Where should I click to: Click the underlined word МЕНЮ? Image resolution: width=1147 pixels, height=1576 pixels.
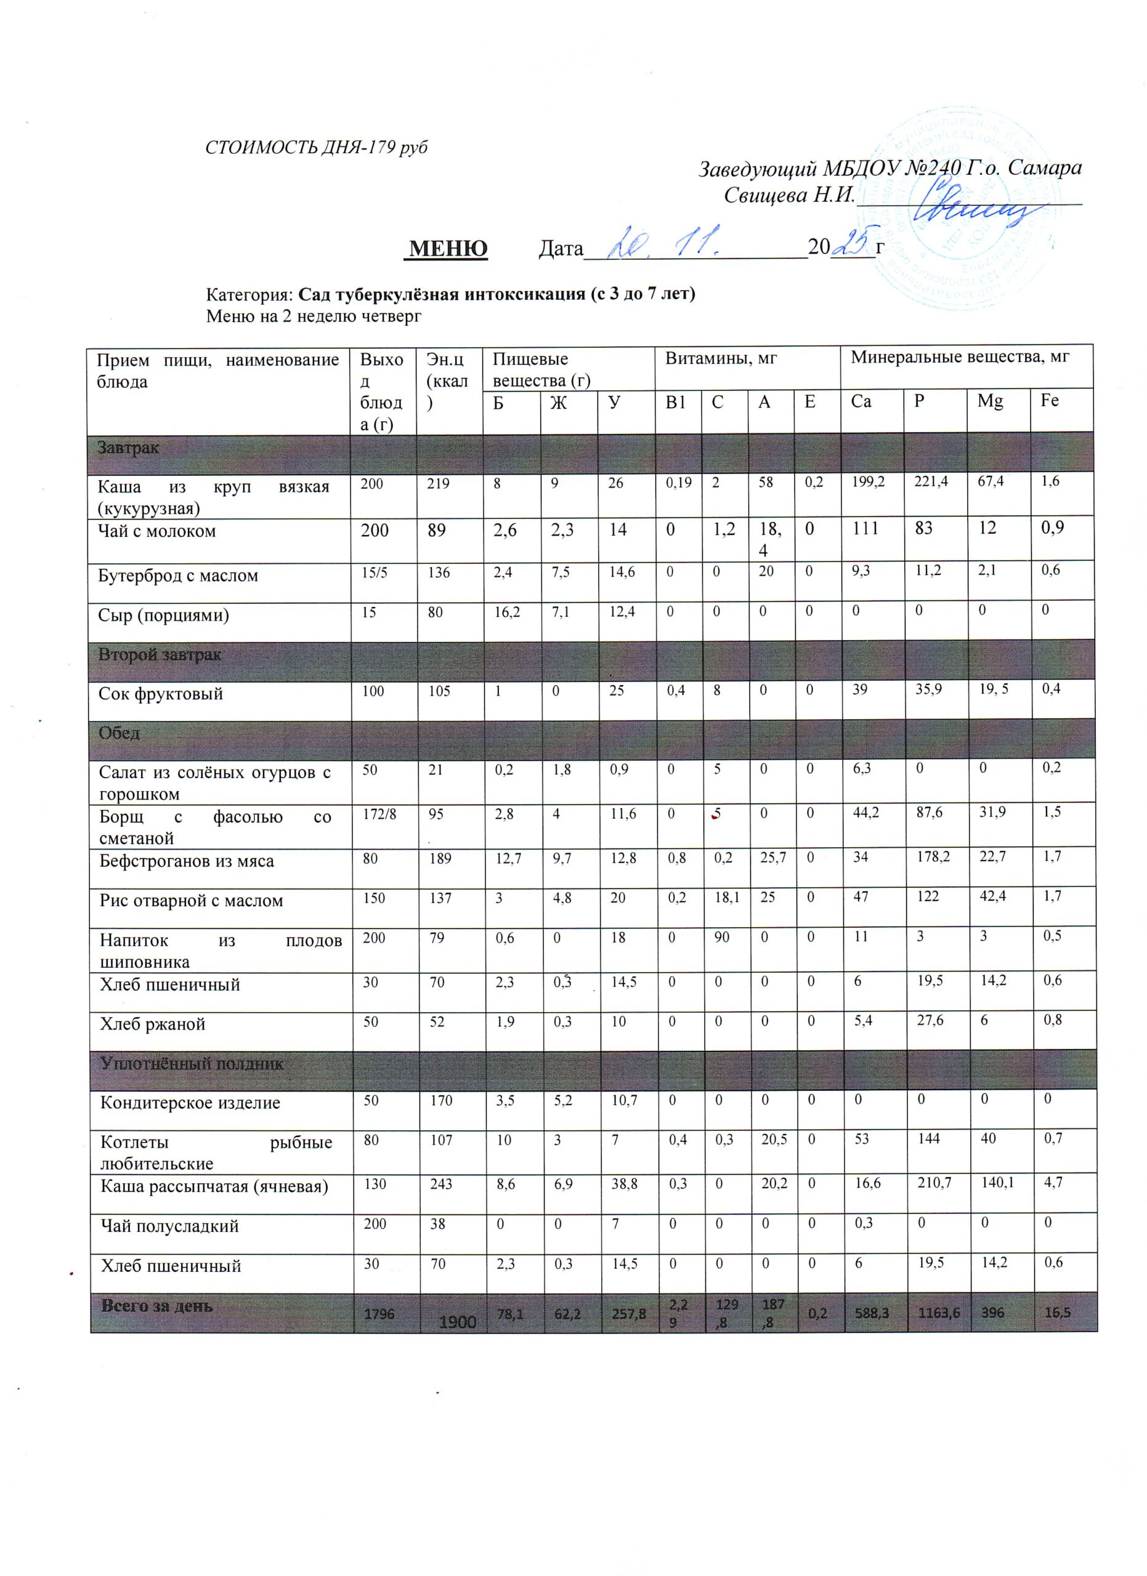coord(447,248)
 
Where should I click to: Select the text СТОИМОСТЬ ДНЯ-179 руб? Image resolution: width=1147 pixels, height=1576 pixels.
coord(316,147)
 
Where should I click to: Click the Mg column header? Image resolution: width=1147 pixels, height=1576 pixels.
coord(990,401)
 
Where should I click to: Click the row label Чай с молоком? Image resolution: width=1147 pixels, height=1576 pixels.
coord(157,531)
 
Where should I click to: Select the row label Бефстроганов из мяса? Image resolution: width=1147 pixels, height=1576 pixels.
coord(186,862)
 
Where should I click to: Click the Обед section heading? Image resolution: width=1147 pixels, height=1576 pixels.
coord(119,733)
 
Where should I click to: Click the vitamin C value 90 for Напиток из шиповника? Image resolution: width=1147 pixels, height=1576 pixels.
coord(721,937)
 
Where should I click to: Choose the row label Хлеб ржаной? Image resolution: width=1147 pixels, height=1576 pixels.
coord(153,1024)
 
